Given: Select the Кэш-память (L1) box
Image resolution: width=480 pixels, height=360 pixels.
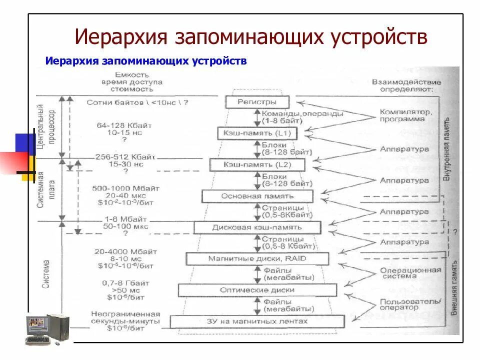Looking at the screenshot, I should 257,133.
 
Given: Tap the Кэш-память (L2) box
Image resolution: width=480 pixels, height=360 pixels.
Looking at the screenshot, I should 257,164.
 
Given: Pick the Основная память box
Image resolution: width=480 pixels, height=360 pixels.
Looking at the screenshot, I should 257,196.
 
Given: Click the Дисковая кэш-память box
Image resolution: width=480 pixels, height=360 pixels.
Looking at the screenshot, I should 257,227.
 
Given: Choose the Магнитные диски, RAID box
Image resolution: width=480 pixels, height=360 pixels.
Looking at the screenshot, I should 257,258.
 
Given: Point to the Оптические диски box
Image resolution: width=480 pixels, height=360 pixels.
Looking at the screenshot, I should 257,290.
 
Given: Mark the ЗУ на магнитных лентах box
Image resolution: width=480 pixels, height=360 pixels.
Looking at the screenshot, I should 257,321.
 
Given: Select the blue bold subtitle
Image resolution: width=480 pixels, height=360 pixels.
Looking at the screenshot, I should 146,61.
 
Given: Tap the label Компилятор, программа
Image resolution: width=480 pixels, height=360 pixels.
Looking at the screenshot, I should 405,115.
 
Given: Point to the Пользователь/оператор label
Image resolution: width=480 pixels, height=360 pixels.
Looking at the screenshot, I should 410,304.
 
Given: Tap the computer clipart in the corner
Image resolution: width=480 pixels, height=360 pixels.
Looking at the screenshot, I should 47,329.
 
